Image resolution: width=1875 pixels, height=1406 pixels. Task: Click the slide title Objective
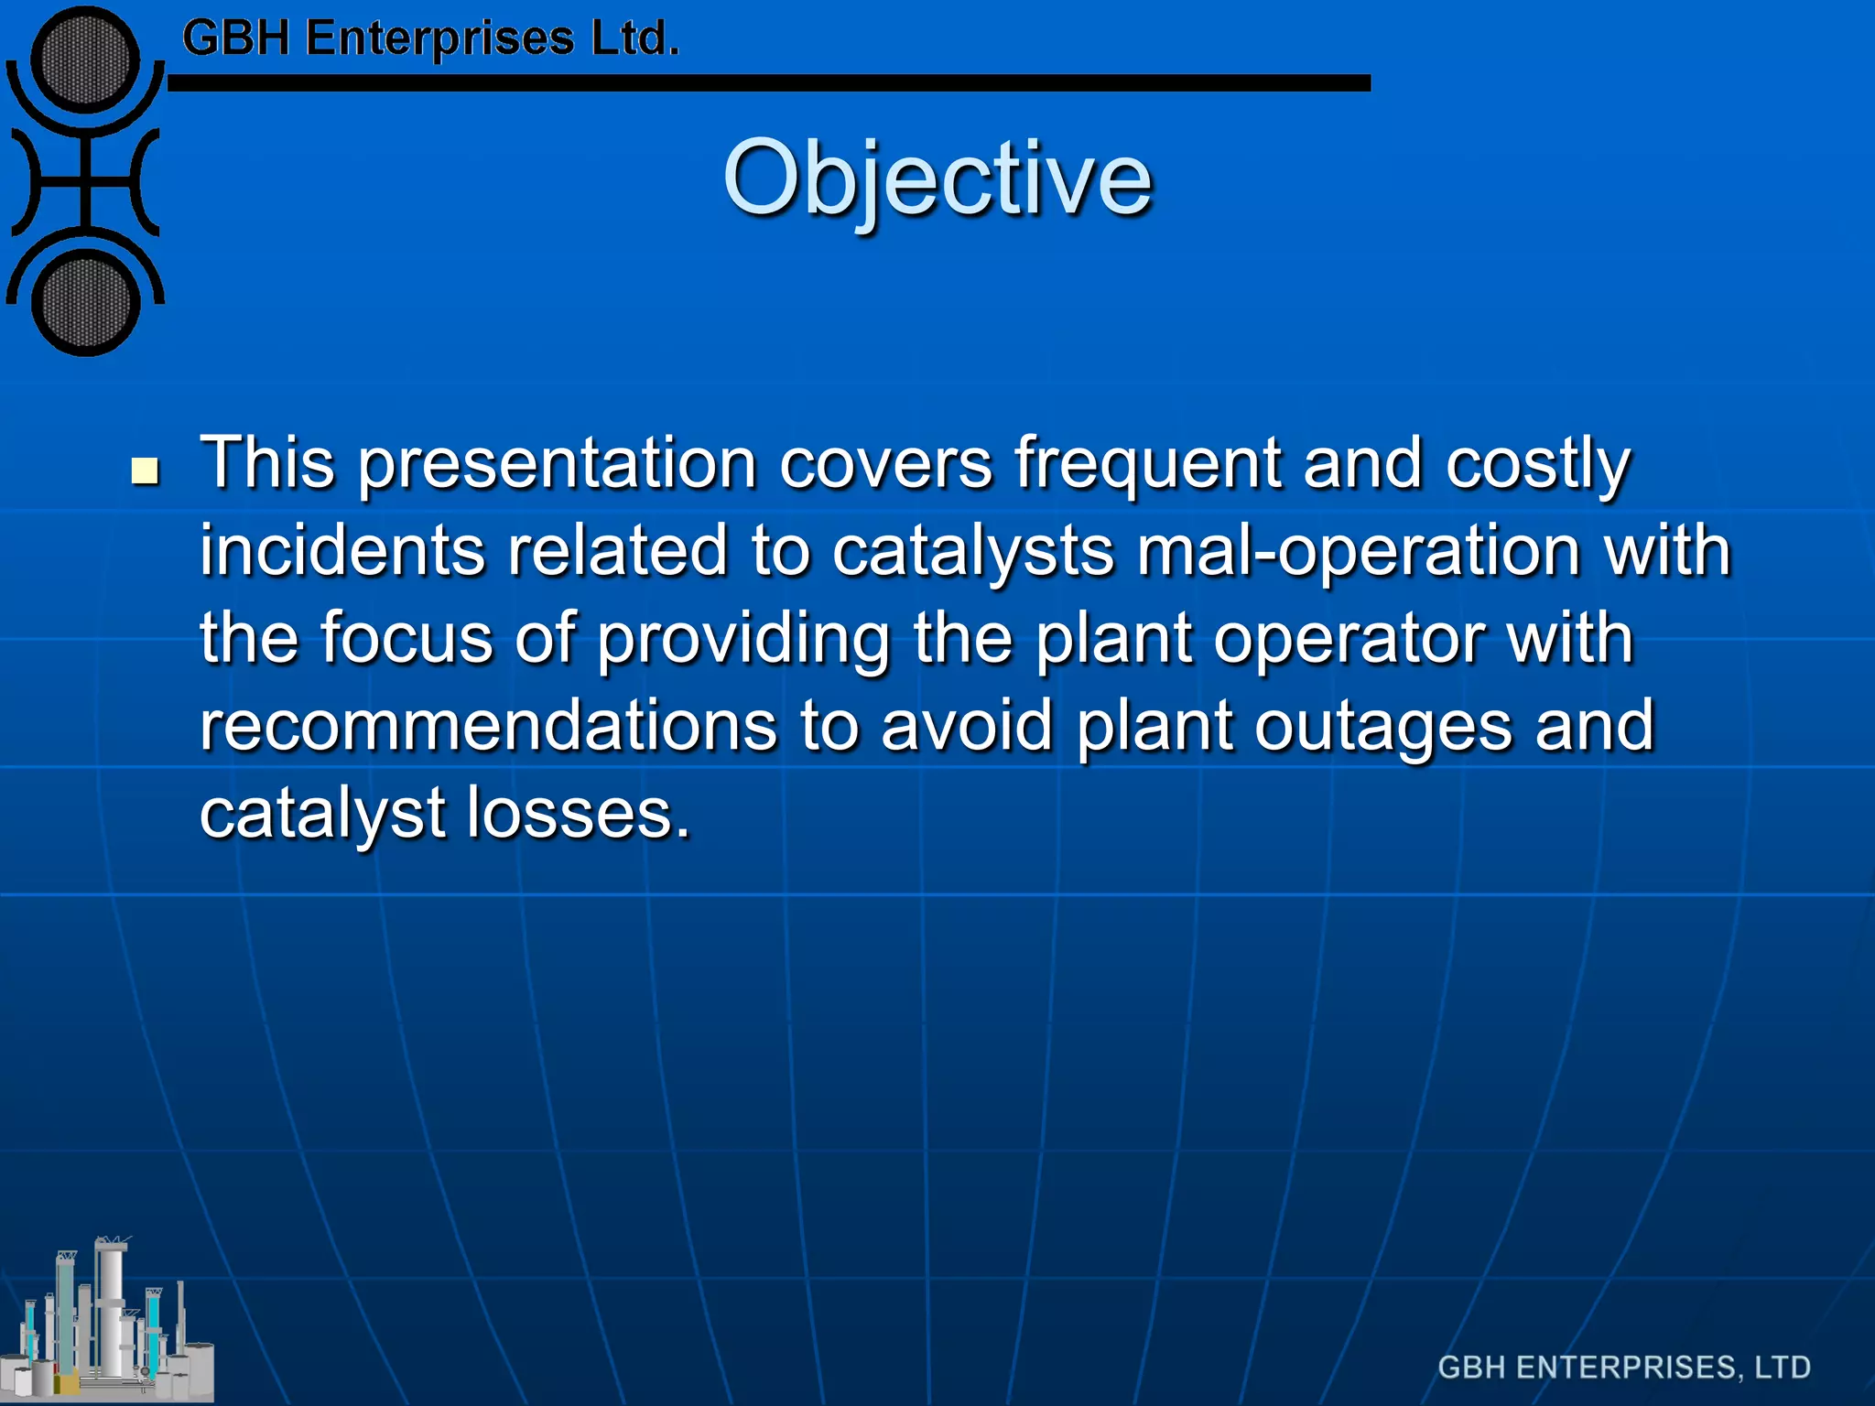pos(937,178)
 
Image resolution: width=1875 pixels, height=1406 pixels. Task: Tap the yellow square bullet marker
pos(145,471)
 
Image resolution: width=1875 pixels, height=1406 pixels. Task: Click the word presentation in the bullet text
pos(557,464)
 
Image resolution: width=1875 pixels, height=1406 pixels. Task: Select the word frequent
pos(1148,464)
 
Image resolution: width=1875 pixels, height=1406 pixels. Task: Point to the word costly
pos(1537,464)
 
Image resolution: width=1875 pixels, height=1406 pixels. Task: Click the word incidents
pos(341,551)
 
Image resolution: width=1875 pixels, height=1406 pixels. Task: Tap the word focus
pos(406,638)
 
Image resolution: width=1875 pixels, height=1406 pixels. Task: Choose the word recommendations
pos(488,726)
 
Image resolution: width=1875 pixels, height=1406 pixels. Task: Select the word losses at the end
pos(578,813)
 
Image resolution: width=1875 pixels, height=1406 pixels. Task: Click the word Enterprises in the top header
pos(439,38)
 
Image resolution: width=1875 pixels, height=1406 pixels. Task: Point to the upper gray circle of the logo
pos(85,59)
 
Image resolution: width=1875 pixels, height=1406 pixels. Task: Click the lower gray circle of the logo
pos(85,303)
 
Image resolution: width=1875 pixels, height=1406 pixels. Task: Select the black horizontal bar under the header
pos(769,83)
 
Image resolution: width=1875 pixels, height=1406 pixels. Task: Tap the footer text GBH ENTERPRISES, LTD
pos(1623,1367)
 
